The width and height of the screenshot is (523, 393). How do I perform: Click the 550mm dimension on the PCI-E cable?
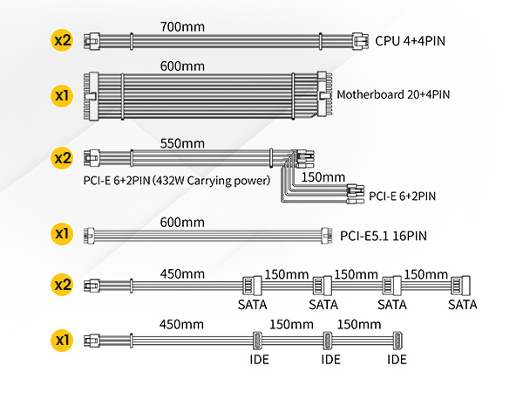coord(182,143)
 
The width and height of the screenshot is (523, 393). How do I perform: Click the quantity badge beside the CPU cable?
coord(62,40)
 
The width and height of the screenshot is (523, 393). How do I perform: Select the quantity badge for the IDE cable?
coord(62,338)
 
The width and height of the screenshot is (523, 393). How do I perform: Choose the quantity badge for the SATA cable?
coord(62,285)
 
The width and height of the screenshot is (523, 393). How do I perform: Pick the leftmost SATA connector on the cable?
coord(249,286)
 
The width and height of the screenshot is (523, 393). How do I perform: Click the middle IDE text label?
coord(330,359)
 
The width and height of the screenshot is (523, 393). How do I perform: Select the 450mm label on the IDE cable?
coord(182,325)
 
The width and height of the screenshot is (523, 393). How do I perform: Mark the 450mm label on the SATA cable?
coord(182,272)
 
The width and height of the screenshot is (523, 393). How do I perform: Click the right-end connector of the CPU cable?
coord(358,40)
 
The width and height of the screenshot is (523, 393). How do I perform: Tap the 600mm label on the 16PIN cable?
coord(182,222)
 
